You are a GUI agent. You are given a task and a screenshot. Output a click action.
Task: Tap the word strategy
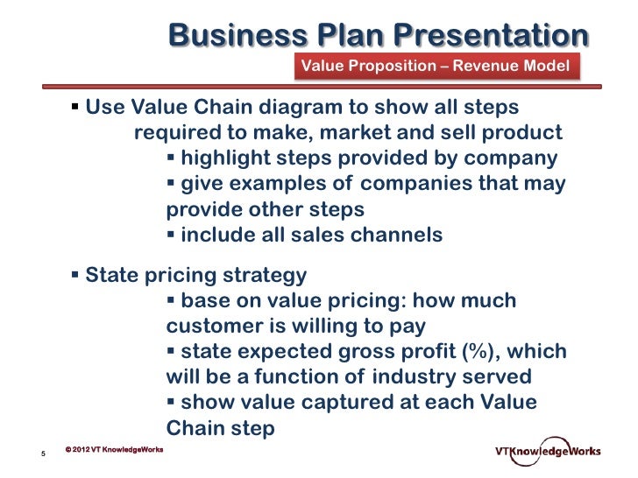click(x=262, y=276)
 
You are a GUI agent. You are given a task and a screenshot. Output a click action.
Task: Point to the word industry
click(x=413, y=377)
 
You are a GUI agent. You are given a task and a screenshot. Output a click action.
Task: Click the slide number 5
click(x=43, y=453)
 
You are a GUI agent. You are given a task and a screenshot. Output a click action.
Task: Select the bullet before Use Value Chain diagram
click(x=75, y=108)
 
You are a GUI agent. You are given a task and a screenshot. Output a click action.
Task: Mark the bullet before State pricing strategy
click(x=75, y=276)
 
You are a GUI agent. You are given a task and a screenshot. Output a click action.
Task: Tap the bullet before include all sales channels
click(x=171, y=235)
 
